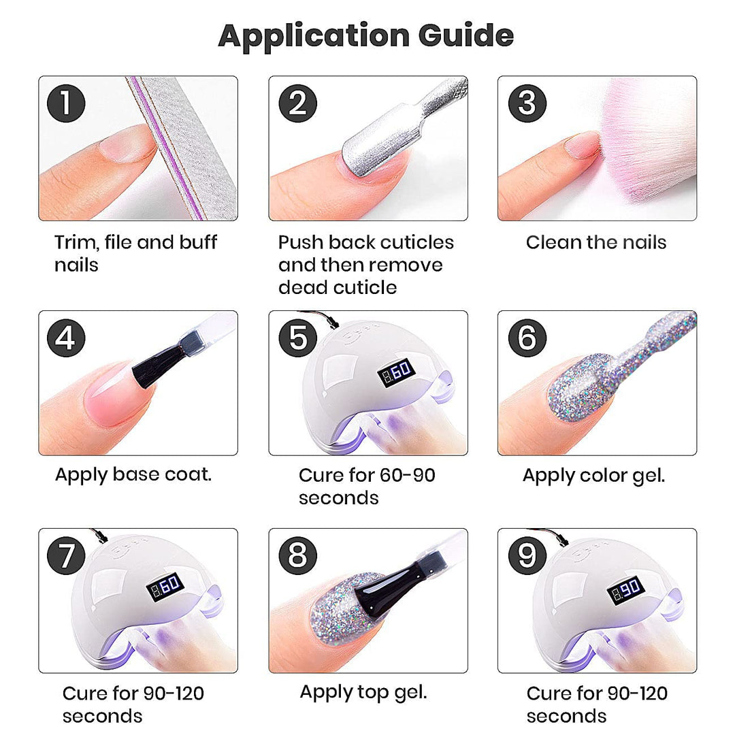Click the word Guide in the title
(x=466, y=35)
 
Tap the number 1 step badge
(x=66, y=103)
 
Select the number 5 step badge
(x=297, y=338)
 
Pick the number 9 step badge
(x=527, y=555)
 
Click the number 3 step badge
(x=527, y=103)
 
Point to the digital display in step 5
(x=397, y=372)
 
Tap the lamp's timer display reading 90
(x=626, y=590)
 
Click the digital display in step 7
(x=165, y=586)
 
